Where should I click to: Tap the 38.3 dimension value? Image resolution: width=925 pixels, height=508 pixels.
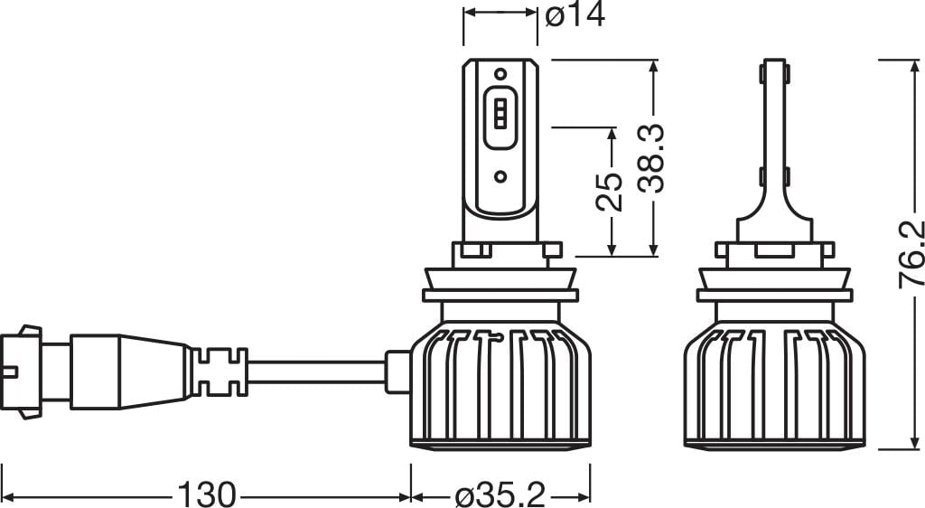651,159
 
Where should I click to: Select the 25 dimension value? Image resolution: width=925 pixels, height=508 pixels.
610,192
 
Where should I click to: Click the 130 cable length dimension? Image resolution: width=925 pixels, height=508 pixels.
207,494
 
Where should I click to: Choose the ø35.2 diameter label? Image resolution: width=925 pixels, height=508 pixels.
500,494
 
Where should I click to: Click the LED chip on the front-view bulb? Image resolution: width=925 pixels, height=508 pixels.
500,113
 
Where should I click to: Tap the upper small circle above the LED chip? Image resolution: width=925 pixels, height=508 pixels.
500,74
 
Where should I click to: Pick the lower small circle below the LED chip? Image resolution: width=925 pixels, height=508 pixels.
500,176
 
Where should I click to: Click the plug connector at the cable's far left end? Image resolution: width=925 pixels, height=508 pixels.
22,372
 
